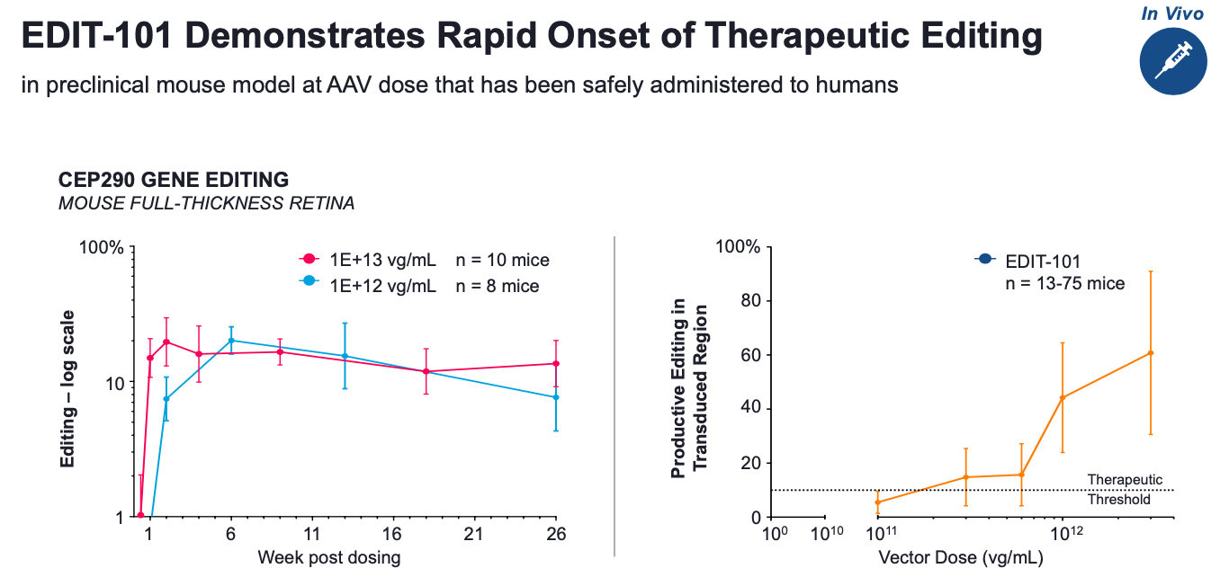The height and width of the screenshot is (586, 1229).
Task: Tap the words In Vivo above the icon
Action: (x=1171, y=13)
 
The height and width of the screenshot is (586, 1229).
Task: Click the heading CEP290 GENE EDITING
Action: (x=174, y=180)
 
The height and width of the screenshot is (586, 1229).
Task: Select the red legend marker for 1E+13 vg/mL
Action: (x=308, y=260)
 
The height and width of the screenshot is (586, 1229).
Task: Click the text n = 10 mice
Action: (x=502, y=261)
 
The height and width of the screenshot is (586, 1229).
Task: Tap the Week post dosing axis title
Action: (x=328, y=558)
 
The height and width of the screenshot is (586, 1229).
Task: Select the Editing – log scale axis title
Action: (x=68, y=388)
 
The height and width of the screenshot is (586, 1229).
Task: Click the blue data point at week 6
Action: (x=231, y=341)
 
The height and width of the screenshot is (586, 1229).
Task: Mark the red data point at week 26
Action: (x=556, y=363)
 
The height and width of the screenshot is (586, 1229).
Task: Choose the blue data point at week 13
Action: (x=345, y=356)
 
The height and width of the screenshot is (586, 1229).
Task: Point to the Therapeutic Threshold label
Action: (x=1125, y=489)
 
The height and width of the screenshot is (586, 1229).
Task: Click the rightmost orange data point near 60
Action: (x=1151, y=352)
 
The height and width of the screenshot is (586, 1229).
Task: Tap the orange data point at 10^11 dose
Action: (x=878, y=502)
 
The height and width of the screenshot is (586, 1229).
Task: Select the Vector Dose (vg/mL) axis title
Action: (x=960, y=558)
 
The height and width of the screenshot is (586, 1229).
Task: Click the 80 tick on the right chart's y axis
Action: (x=750, y=300)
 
